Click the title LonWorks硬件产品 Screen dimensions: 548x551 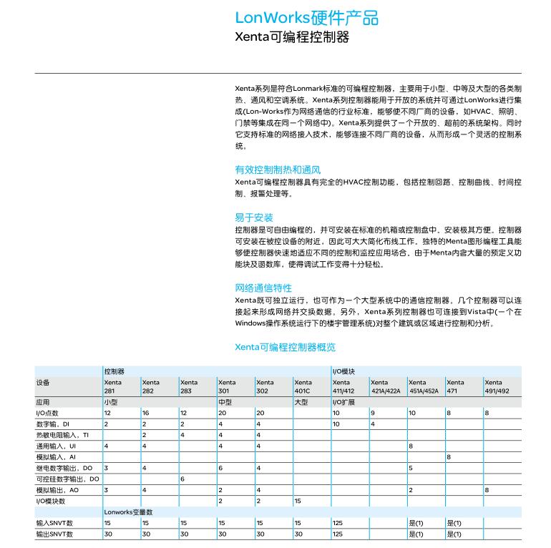click(306, 18)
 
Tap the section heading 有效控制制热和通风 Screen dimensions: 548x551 click(278, 170)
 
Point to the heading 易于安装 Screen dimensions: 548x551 click(254, 217)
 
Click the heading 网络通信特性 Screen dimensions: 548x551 click(263, 288)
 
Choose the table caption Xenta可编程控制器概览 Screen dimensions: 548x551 click(285, 348)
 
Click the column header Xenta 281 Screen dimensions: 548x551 click(113, 386)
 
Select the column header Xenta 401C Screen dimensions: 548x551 click(303, 386)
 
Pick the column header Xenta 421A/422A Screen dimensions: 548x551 click(385, 386)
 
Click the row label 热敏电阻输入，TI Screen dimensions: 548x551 click(62, 435)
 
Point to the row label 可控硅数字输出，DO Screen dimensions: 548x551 click(67, 479)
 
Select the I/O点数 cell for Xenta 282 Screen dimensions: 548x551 click(145, 414)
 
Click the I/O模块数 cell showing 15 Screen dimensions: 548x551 click(298, 501)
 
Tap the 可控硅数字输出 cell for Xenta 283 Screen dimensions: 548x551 click(182, 479)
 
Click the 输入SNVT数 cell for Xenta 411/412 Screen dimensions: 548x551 click(338, 523)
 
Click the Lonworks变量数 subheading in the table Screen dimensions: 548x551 click(128, 512)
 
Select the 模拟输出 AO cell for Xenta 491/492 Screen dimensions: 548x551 click(487, 490)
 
